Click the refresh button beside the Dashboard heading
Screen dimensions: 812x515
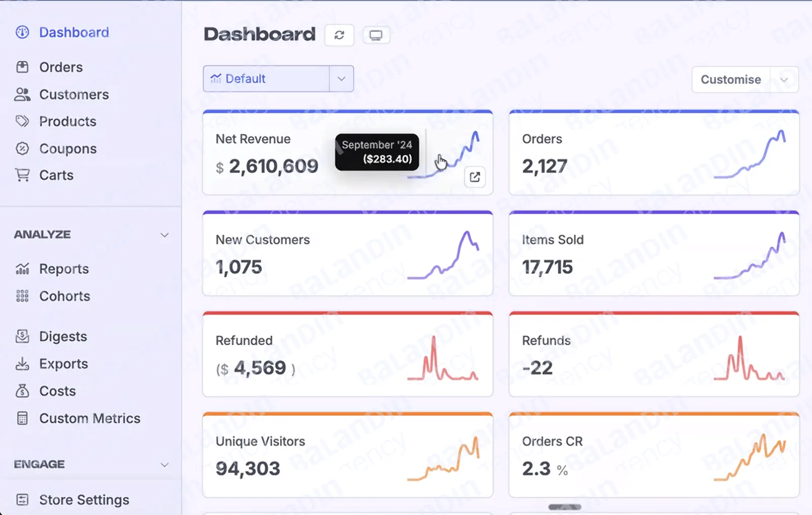[340, 35]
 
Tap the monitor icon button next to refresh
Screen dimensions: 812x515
[376, 35]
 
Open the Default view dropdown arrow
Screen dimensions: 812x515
[341, 79]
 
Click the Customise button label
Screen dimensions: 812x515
[731, 79]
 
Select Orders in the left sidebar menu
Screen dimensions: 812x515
[61, 67]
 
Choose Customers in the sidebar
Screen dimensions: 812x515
[74, 94]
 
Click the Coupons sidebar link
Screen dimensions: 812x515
[68, 149]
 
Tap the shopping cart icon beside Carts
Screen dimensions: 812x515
[22, 175]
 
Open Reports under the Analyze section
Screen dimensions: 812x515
[64, 269]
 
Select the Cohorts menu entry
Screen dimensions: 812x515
[64, 296]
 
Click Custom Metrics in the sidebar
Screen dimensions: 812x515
[89, 418]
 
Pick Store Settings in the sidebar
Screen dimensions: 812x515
[84, 500]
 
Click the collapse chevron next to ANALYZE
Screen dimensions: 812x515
[164, 235]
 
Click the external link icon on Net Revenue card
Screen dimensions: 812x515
[475, 177]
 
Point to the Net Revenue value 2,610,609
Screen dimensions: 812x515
[274, 166]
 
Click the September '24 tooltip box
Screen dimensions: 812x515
[377, 152]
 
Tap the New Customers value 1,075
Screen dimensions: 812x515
[239, 267]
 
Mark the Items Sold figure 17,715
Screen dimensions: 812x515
[548, 267]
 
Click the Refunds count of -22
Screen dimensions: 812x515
[537, 368]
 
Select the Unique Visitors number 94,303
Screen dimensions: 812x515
[248, 468]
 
